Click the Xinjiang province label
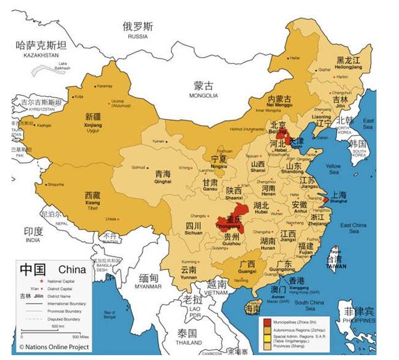pos(93,120)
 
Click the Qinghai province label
pos(161,176)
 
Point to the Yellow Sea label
pos(333,168)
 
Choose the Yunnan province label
pos(189,272)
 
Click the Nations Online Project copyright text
pos(55,347)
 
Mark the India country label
pos(33,235)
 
